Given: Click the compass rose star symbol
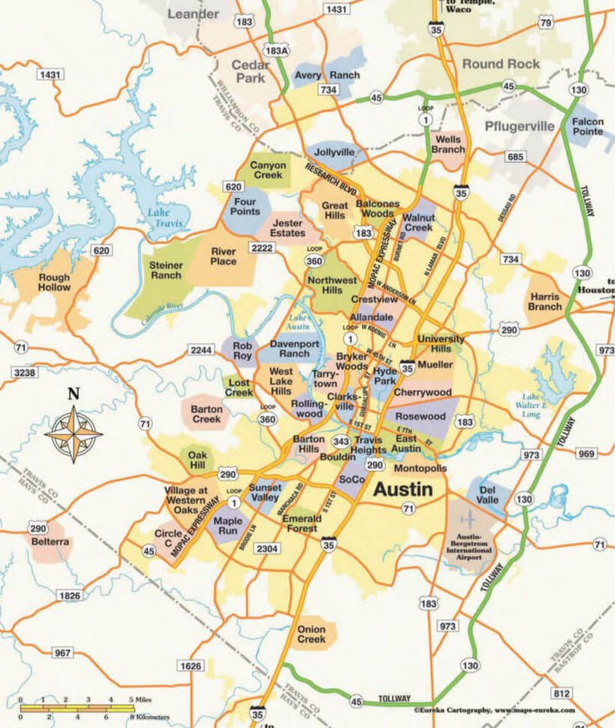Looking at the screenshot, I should coord(73,433).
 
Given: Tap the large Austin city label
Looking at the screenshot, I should coord(402,490).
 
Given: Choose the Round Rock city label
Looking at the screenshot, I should coord(500,64).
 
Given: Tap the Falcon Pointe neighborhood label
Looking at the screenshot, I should coord(587,127).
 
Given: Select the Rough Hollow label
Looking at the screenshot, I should coord(54,282).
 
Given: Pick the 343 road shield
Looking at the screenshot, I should coord(341,440).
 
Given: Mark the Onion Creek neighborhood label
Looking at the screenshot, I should coord(312,634).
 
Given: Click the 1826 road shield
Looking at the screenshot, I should coord(67,595).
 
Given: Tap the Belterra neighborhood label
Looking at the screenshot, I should coord(50,541).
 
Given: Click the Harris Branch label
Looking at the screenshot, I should coord(545,301).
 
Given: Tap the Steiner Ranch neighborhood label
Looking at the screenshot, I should coord(166,270).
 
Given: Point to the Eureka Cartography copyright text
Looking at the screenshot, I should coord(494,709).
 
